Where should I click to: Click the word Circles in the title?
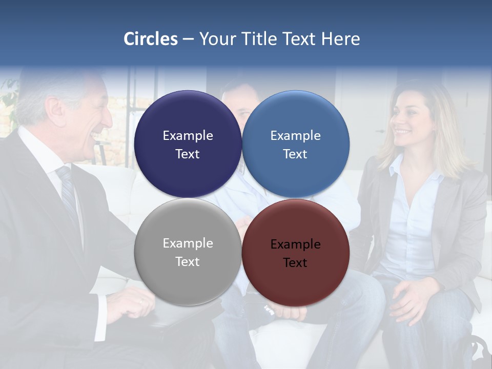pyautogui.click(x=151, y=39)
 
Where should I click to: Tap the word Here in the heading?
pyautogui.click(x=340, y=39)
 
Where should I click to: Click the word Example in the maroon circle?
pyautogui.click(x=296, y=244)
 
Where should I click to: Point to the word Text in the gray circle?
pyautogui.click(x=188, y=261)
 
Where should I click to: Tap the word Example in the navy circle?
pyautogui.click(x=188, y=136)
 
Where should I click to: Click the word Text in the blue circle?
pyautogui.click(x=295, y=154)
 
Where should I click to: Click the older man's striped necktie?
pyautogui.click(x=68, y=190)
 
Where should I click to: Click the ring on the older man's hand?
pyautogui.click(x=140, y=302)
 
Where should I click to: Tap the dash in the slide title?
pyautogui.click(x=188, y=39)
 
